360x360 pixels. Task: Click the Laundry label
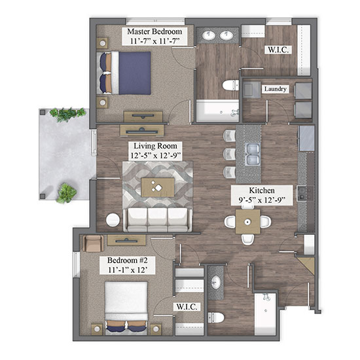(276, 89)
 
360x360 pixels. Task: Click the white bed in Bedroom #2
(126, 307)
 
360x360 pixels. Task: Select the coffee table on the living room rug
(158, 187)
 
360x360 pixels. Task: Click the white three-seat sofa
(158, 220)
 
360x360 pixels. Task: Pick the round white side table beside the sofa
(113, 220)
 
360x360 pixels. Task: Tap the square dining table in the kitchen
(247, 221)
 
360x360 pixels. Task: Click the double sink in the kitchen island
(252, 154)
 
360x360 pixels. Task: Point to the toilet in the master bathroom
(230, 85)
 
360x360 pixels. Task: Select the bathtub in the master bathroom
(217, 111)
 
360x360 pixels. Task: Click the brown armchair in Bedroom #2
(93, 243)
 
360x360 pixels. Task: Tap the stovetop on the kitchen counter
(305, 193)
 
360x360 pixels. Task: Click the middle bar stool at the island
(229, 154)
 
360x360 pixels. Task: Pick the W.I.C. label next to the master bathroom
(278, 50)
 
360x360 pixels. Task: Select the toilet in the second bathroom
(216, 317)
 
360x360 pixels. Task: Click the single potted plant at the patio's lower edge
(66, 193)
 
